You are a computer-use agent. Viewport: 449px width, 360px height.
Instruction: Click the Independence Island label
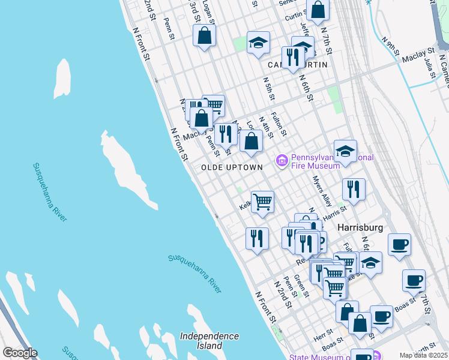click(209, 341)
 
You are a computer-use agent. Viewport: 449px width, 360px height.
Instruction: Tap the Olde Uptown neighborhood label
click(232, 167)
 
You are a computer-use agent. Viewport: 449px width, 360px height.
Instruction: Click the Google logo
click(20, 353)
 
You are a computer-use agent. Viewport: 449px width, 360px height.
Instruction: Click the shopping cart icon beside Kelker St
click(262, 202)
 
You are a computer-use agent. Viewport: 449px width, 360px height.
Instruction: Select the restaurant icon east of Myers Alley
click(354, 189)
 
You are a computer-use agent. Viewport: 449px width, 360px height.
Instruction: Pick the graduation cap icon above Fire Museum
click(345, 151)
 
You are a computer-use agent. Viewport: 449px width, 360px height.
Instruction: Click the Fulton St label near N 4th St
click(279, 124)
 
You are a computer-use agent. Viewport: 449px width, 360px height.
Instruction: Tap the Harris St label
click(335, 212)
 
